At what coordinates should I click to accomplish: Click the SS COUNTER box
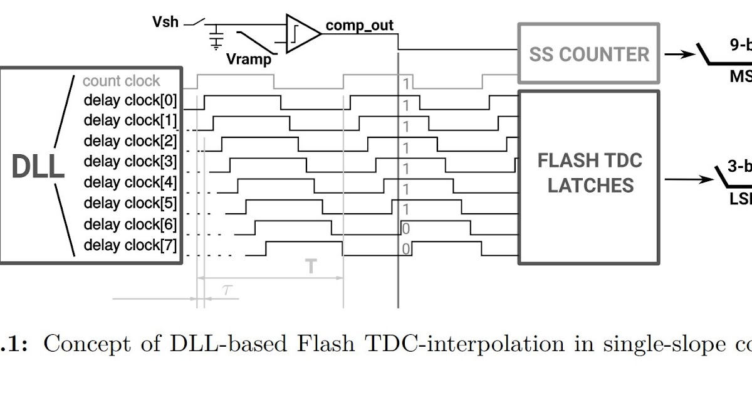[588, 54]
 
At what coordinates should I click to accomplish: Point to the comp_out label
[359, 26]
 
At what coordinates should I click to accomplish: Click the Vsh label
[165, 22]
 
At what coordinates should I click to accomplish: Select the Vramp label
[249, 60]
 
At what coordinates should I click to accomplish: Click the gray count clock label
[122, 81]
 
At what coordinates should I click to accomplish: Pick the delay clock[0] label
[130, 100]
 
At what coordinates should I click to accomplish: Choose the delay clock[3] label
[130, 161]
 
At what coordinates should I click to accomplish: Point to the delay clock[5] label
[130, 203]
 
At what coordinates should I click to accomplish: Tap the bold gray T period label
[311, 266]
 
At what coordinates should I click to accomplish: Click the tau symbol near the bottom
[226, 289]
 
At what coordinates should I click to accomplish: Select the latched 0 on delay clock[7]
[406, 250]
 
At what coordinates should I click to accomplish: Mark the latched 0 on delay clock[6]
[406, 229]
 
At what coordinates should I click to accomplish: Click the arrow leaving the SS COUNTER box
[678, 54]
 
